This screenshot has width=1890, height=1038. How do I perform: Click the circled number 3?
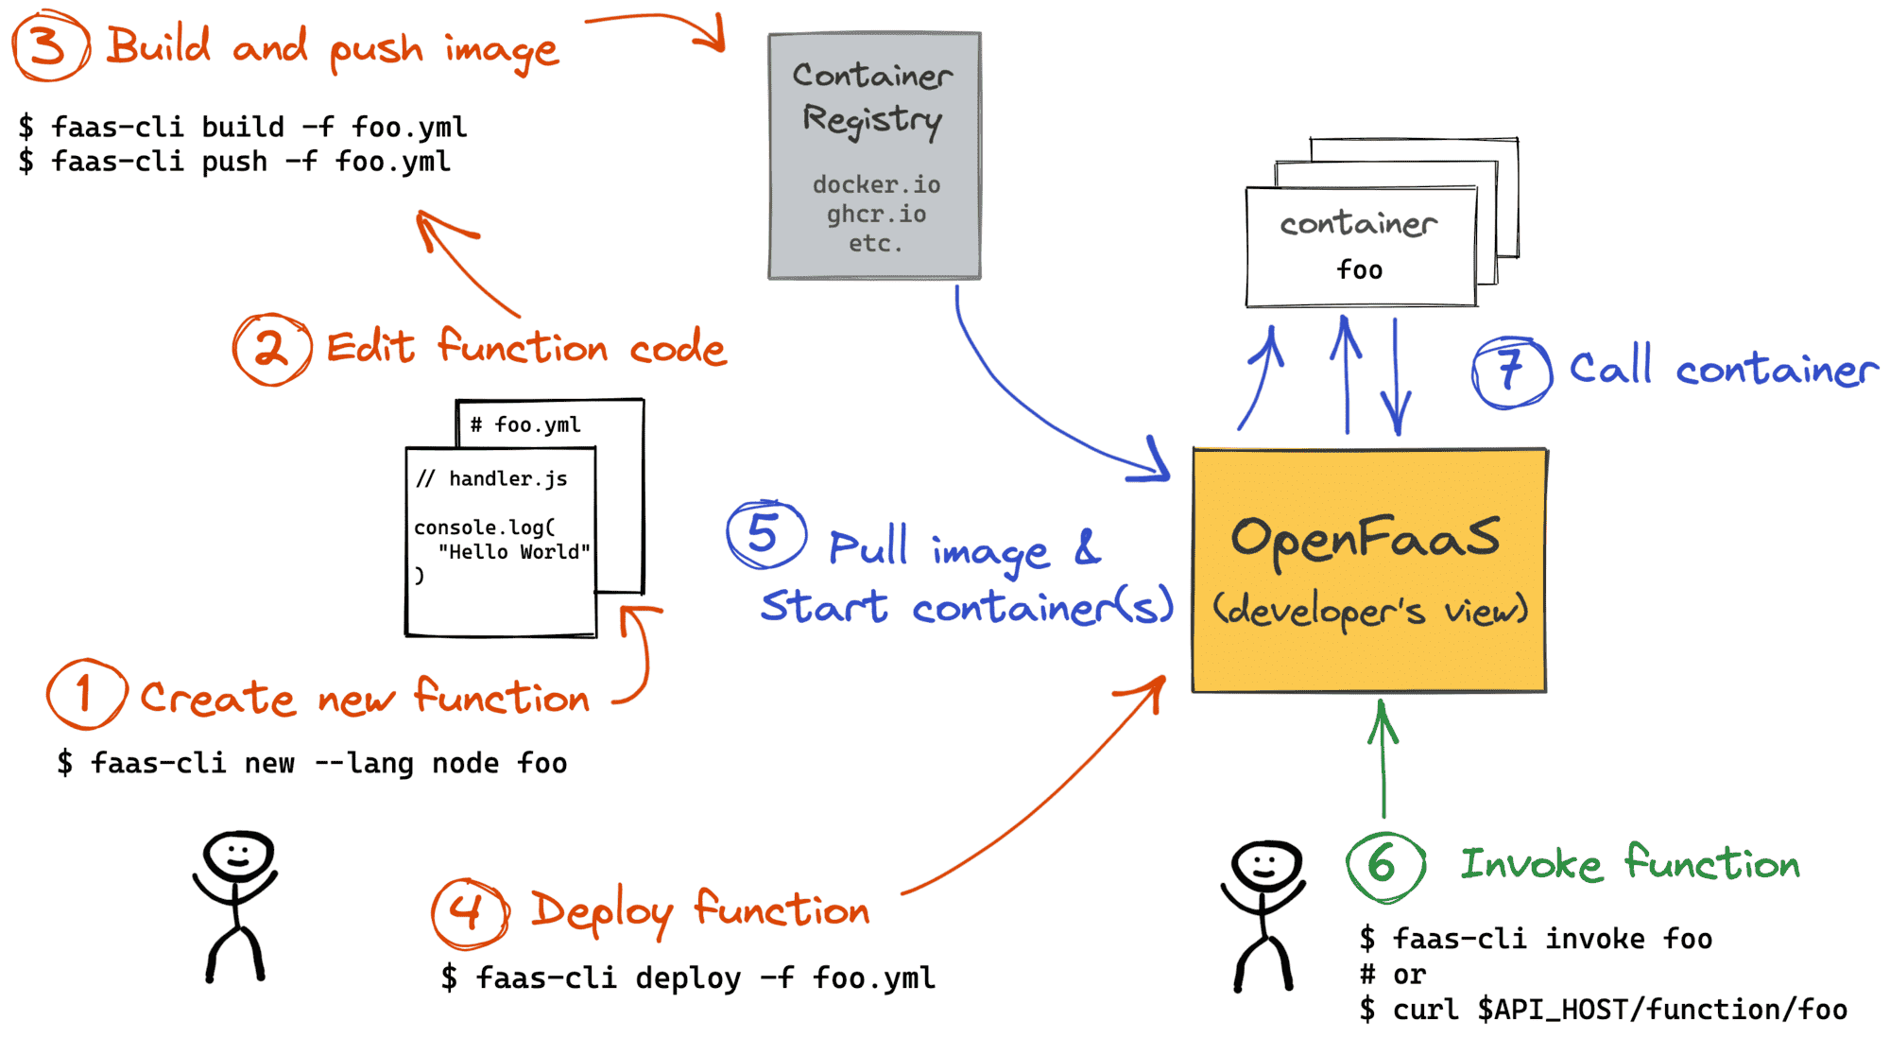click(x=49, y=45)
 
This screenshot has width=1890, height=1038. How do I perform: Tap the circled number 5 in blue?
click(x=765, y=534)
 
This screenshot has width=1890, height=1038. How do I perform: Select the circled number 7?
click(x=1511, y=371)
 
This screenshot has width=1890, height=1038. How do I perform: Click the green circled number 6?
click(x=1383, y=864)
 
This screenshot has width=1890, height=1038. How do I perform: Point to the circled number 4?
click(x=469, y=913)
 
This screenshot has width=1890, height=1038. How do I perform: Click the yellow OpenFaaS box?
click(x=1368, y=570)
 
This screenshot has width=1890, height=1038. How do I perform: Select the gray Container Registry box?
click(x=874, y=156)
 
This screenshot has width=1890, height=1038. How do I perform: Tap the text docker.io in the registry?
click(x=876, y=184)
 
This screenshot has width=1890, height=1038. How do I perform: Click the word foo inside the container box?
click(x=1359, y=270)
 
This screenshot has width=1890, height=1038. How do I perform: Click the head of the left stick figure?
click(x=238, y=856)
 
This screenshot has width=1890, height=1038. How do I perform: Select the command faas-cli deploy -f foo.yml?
click(x=688, y=977)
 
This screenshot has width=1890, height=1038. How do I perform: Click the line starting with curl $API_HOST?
click(x=1604, y=1010)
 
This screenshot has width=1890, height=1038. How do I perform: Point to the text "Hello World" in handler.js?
click(x=514, y=551)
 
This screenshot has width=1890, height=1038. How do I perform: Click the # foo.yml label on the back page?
click(x=526, y=424)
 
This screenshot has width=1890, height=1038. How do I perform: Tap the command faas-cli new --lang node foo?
click(x=312, y=763)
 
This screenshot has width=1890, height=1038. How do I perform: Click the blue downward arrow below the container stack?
click(x=1396, y=378)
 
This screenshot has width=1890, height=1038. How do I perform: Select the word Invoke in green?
click(x=1531, y=864)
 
